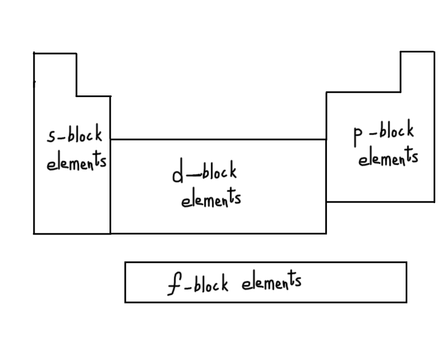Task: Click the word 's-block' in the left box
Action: [74, 136]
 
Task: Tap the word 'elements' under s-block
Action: [76, 162]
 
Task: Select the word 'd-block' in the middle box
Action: [204, 172]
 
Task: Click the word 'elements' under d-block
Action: [211, 199]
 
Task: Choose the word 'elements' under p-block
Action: [388, 157]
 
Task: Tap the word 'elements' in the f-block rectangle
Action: [272, 282]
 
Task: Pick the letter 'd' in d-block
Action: [177, 175]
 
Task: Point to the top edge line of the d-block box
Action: [218, 139]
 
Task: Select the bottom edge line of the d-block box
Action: [218, 233]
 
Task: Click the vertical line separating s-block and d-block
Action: [110, 184]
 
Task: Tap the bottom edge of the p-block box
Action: [380, 201]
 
